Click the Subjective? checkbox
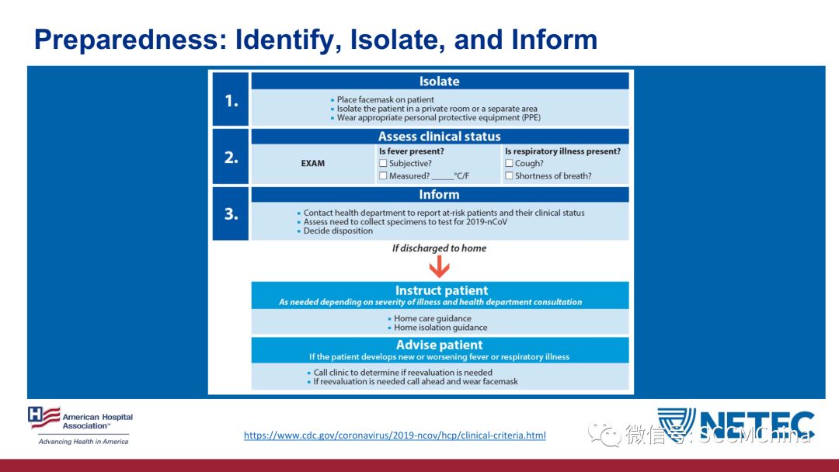tap(383, 164)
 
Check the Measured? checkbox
tap(383, 176)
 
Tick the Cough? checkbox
tap(509, 164)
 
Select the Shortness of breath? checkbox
tap(509, 176)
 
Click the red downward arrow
tap(439, 267)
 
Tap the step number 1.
tap(231, 100)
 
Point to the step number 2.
tap(231, 157)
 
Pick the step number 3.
tap(231, 214)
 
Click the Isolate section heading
tap(439, 82)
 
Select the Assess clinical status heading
tap(439, 137)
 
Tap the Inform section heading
tap(439, 195)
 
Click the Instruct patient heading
tap(441, 291)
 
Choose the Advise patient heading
tap(439, 345)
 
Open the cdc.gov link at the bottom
tap(395, 436)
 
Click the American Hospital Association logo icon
tap(44, 418)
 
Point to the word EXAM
tap(312, 164)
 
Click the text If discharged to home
tap(439, 248)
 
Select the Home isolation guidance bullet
tap(440, 328)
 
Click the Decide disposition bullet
tap(338, 231)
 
